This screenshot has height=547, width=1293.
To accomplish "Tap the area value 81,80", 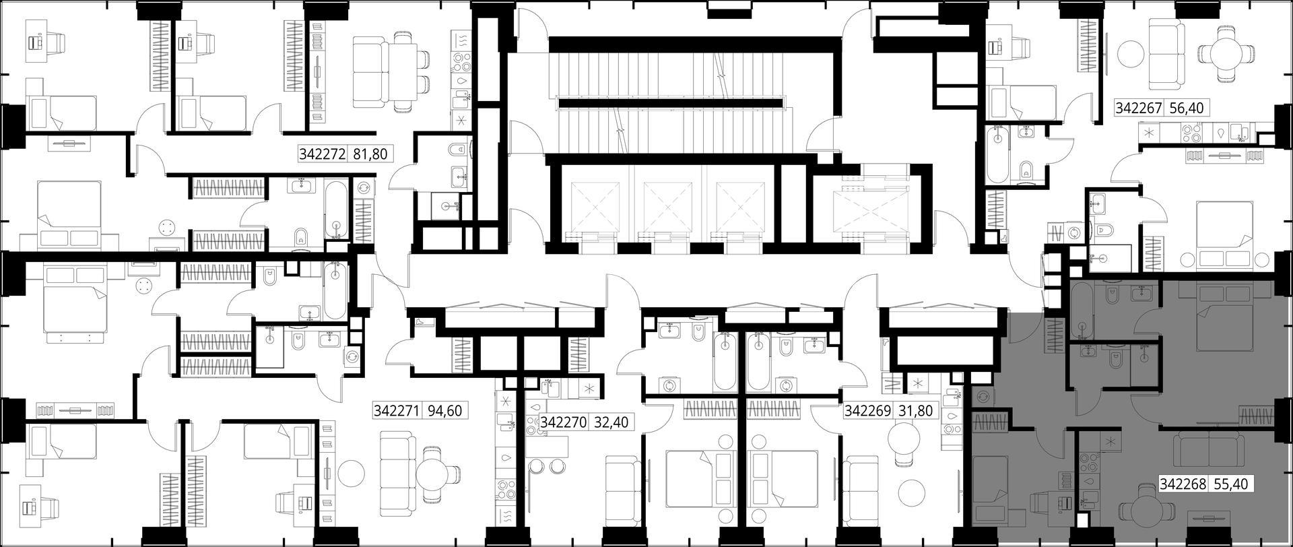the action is pos(370,154).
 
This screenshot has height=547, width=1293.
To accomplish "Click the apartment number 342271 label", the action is pos(397,410).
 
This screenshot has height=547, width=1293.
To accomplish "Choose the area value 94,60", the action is pos(445,410).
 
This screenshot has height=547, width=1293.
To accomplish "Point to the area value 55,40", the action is pos(1230,483).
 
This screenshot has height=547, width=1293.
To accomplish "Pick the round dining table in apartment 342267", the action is pos(1227,53).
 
